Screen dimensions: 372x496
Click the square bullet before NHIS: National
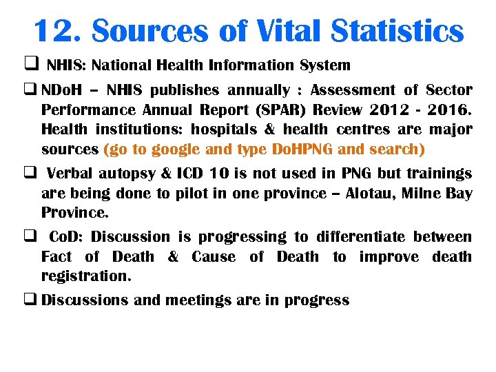30,65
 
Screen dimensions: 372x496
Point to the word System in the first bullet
325,65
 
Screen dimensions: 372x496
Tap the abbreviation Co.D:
66,237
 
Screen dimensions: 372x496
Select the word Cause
213,257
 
